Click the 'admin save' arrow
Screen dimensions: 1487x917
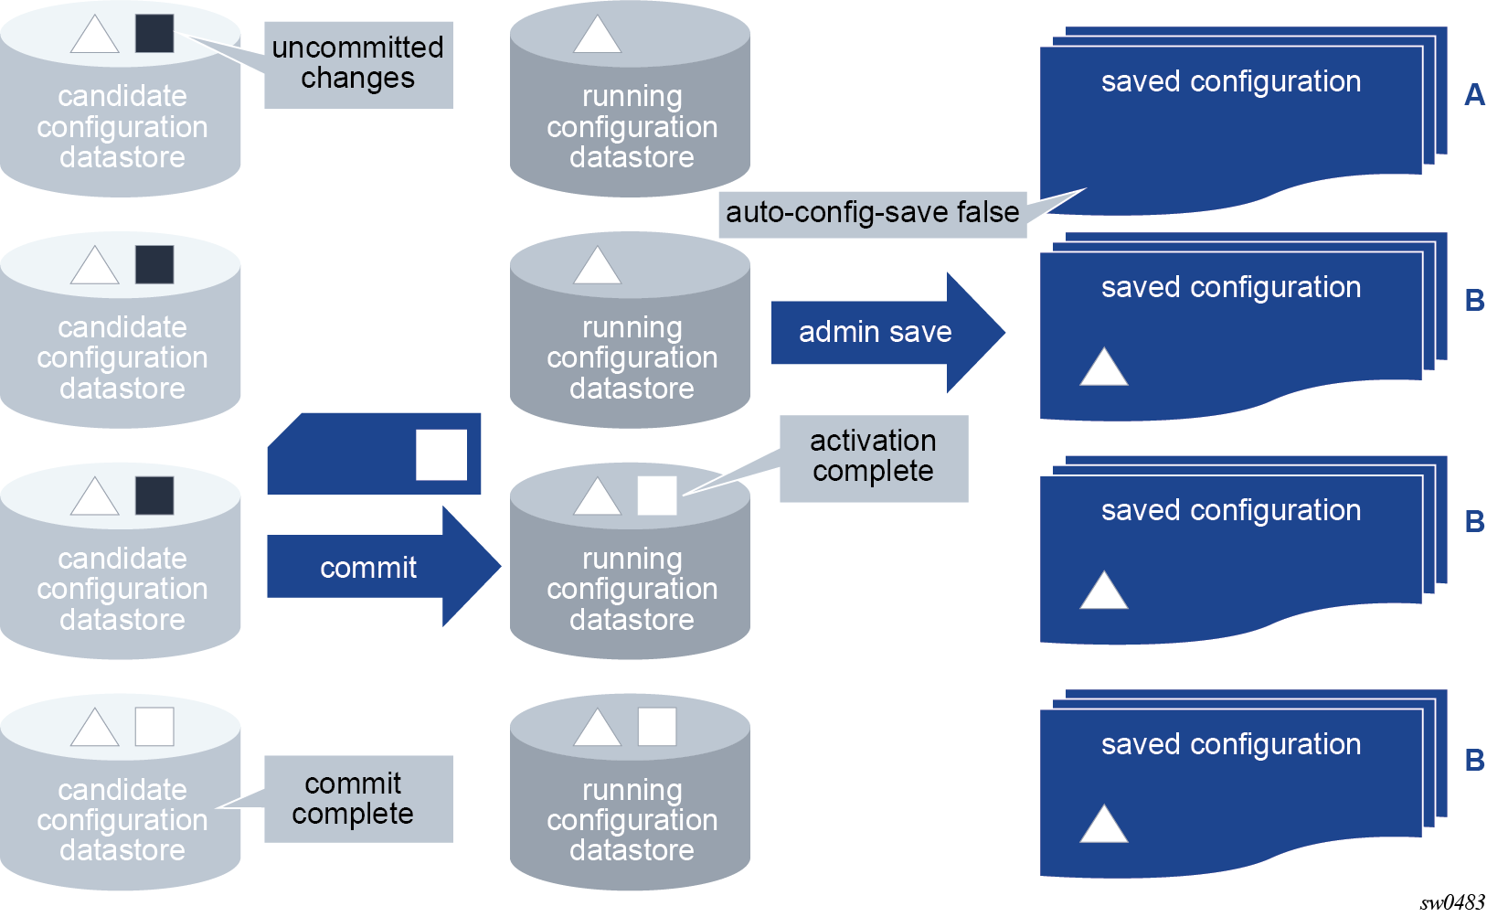887,332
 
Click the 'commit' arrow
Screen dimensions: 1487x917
384,567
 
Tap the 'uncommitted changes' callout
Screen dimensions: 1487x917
358,64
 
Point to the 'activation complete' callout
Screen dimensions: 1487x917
874,458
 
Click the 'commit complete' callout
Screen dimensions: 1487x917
358,799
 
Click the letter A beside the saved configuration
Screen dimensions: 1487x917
1474,94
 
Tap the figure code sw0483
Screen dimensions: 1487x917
1452,902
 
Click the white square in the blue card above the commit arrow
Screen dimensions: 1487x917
441,455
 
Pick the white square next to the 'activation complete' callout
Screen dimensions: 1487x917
657,496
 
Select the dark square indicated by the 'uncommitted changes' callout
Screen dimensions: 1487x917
154,33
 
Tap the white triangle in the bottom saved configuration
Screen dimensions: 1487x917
1104,824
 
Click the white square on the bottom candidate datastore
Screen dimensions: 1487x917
154,727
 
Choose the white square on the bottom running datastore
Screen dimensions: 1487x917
657,727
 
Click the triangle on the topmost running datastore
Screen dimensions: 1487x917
598,35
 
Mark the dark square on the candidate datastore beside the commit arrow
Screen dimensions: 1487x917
154,496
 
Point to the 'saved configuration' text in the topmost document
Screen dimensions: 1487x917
1231,81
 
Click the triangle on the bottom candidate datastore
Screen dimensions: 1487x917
95,728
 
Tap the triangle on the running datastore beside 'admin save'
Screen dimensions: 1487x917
598,266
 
